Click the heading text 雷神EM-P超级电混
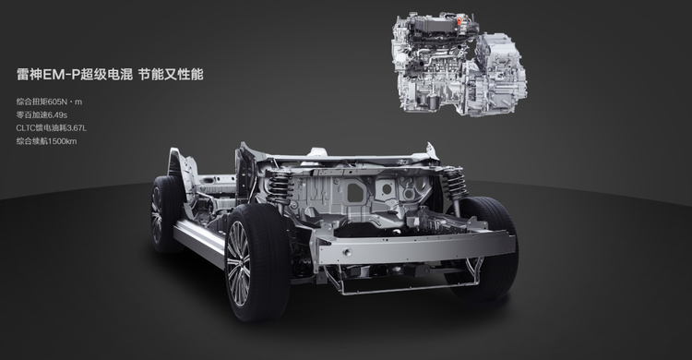pos(75,74)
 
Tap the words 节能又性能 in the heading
pos(171,74)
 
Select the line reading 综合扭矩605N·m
pos(49,102)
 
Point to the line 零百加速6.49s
pos(42,114)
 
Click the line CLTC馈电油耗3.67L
pos(51,128)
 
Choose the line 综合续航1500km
pos(46,141)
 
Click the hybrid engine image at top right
pos(459,64)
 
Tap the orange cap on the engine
pos(459,20)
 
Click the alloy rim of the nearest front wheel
pos(238,263)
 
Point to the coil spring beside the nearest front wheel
pos(280,186)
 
